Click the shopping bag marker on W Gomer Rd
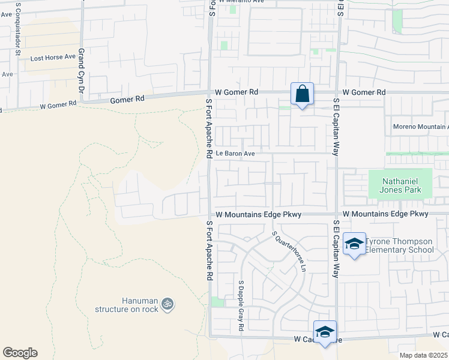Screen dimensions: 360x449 302,94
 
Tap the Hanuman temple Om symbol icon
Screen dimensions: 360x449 167,304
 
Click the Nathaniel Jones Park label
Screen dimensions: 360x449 400,185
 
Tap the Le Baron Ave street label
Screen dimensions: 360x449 236,154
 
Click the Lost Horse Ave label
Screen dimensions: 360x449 53,58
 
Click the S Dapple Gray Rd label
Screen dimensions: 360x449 240,305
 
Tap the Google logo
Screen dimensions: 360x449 20,353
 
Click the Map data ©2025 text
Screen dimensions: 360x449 423,355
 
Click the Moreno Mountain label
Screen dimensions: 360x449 420,127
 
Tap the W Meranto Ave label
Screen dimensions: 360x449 242,2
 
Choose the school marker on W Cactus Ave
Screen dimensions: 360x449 325,332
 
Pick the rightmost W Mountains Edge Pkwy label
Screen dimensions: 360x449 385,214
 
